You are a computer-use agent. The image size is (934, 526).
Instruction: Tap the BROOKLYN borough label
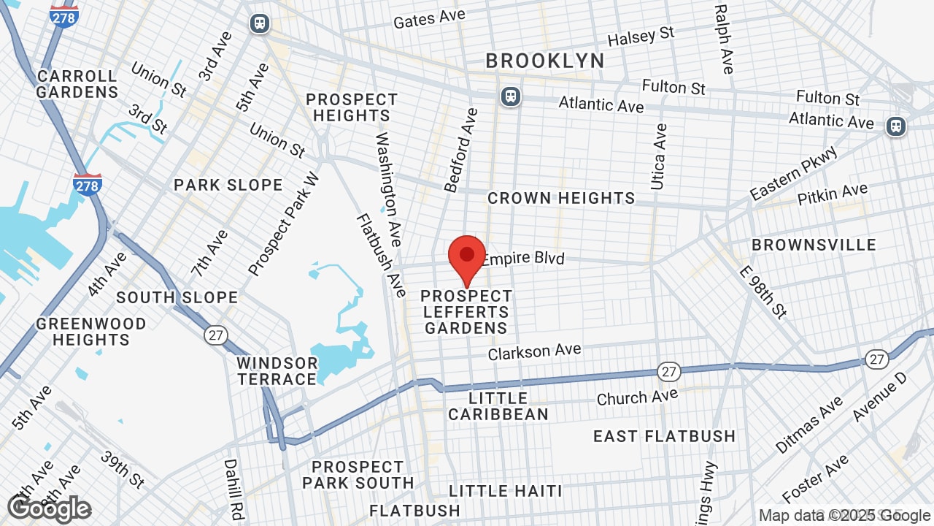click(545, 61)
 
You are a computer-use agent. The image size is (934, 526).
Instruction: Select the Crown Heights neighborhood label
click(561, 198)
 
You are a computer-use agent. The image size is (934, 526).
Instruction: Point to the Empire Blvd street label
click(523, 259)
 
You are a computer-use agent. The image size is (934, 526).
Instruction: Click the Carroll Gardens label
click(77, 84)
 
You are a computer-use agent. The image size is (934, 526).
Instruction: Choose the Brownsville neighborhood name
click(814, 245)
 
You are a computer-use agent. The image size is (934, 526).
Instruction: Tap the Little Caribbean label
click(498, 406)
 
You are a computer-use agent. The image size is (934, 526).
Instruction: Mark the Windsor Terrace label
click(277, 371)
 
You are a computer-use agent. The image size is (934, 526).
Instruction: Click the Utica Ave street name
click(659, 156)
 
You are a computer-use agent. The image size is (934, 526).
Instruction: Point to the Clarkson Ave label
click(534, 351)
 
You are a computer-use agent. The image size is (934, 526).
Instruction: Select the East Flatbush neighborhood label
click(664, 436)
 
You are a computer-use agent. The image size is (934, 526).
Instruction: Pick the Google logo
click(49, 508)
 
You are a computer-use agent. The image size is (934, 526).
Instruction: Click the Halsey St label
click(641, 37)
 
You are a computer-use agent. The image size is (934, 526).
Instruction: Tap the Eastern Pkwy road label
click(794, 173)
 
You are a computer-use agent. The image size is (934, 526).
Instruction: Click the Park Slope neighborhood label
click(228, 185)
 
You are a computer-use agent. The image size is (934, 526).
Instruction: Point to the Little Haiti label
click(506, 491)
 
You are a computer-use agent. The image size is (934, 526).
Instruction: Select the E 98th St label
click(763, 291)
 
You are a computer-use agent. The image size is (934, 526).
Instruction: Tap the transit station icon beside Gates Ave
click(259, 23)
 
